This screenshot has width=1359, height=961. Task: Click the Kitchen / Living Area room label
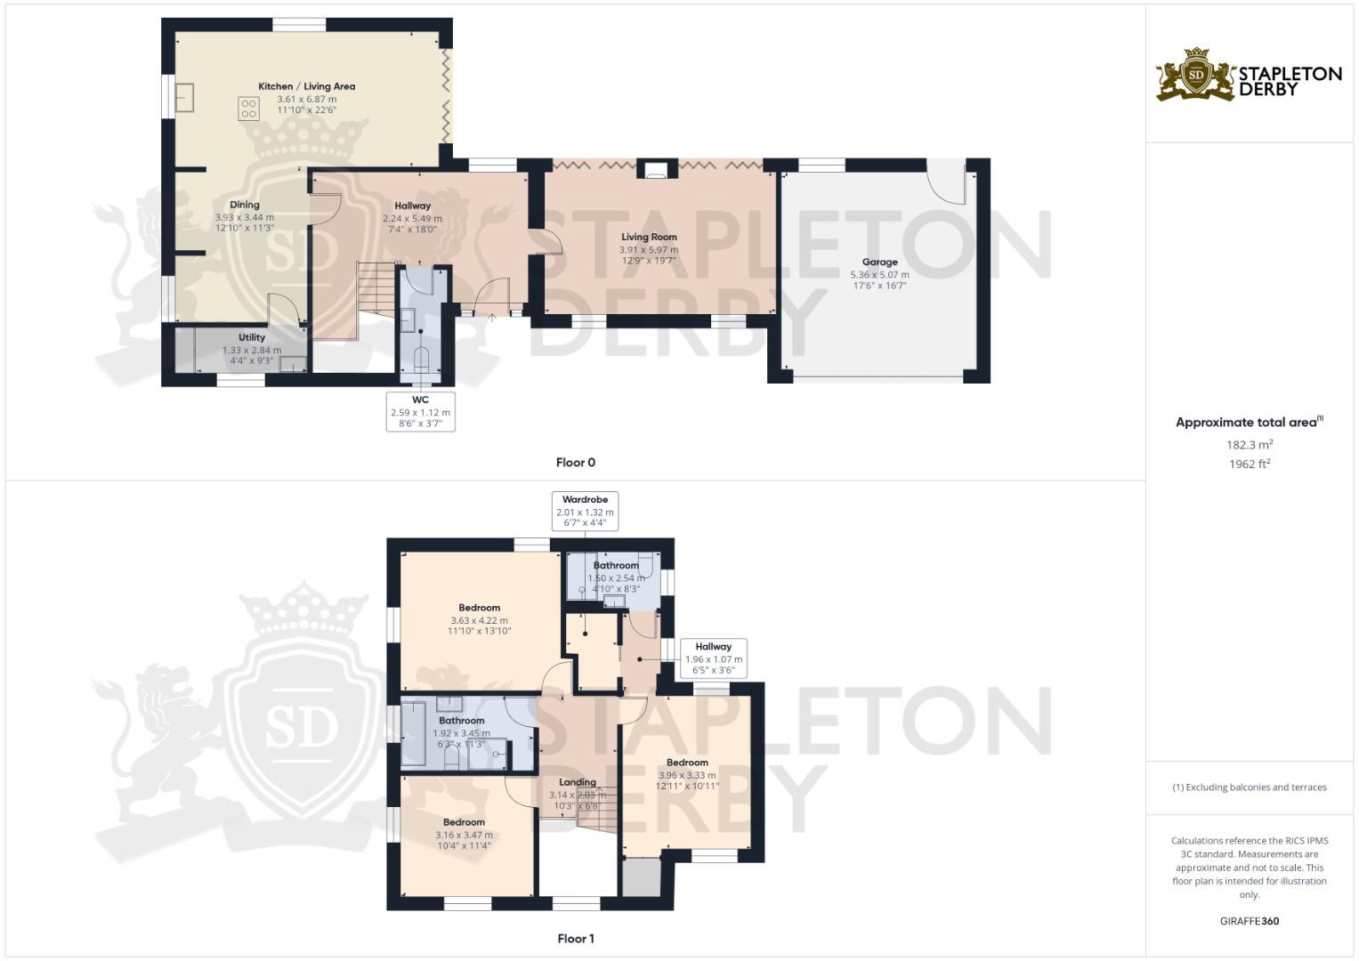click(306, 86)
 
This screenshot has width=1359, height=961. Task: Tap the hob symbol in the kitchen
click(248, 109)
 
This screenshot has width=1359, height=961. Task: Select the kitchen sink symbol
click(185, 98)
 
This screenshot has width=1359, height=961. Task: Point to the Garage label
click(879, 262)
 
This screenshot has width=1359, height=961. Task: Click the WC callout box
click(420, 412)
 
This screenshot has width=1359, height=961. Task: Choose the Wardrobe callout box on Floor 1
click(585, 512)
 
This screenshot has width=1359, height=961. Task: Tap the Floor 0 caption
click(575, 463)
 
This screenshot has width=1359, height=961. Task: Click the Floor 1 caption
click(575, 939)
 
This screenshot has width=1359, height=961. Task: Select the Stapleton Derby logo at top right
click(1249, 75)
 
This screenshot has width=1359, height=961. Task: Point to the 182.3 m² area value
click(1249, 445)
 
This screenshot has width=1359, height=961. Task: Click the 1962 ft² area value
click(1249, 464)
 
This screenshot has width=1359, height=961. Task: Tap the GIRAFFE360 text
click(1249, 922)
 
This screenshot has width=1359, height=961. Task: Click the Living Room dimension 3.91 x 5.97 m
click(649, 250)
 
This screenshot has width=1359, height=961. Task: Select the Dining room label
click(245, 205)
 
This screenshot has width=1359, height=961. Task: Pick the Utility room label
click(252, 338)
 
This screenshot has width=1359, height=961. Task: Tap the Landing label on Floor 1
click(578, 783)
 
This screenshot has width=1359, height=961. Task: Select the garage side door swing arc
click(946, 183)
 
